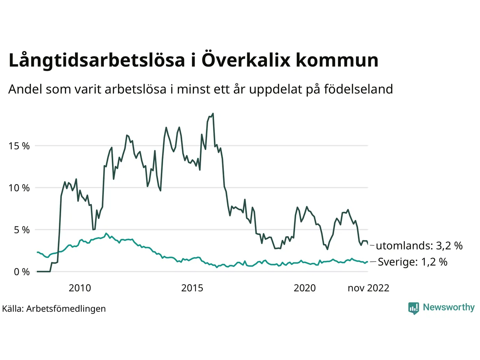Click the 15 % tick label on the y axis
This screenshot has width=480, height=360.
pos(19,146)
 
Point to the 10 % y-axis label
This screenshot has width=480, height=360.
pos(19,188)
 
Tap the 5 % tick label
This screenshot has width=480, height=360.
pos(21,230)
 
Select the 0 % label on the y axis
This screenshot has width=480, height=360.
pos(21,272)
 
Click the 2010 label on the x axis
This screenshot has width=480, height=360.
pos(79,288)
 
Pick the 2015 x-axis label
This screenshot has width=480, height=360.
pos(192,288)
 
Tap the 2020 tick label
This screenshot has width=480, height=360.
pos(304,288)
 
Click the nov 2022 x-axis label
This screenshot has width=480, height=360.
pos(368,288)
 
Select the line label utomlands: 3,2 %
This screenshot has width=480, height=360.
pos(419,246)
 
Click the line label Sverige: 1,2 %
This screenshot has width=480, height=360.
pos(412,262)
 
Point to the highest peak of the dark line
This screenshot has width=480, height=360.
pos(213,113)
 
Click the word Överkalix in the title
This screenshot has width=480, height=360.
pos(246,60)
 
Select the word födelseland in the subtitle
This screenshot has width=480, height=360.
pos(358,89)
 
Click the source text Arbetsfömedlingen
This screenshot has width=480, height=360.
pos(66,309)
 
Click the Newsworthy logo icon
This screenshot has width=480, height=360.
pos(413,308)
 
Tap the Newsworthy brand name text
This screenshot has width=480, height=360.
pos(448,307)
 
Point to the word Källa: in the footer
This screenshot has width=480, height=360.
pos(13,309)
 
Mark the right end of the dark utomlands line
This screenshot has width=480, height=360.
pos(367,244)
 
